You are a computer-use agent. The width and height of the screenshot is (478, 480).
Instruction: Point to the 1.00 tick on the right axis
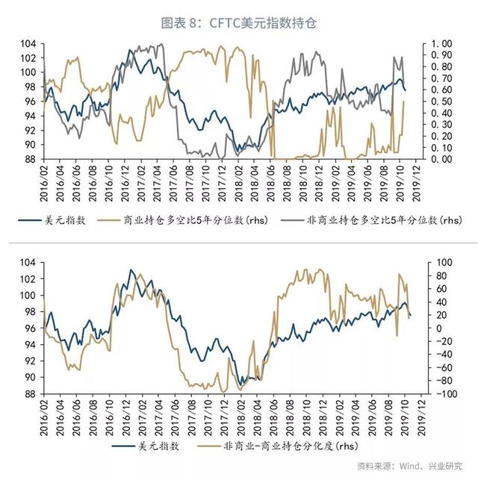tap(442, 43)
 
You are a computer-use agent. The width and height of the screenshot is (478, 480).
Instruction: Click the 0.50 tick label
tap(442, 102)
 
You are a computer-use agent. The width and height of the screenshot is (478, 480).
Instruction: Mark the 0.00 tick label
tap(442, 159)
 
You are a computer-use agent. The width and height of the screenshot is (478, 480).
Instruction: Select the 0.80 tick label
tap(442, 66)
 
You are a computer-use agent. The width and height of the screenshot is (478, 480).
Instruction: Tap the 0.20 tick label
tap(442, 136)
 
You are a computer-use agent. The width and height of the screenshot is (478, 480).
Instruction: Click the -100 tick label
tap(440, 394)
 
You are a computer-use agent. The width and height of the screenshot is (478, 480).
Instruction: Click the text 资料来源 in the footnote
tap(372, 466)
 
